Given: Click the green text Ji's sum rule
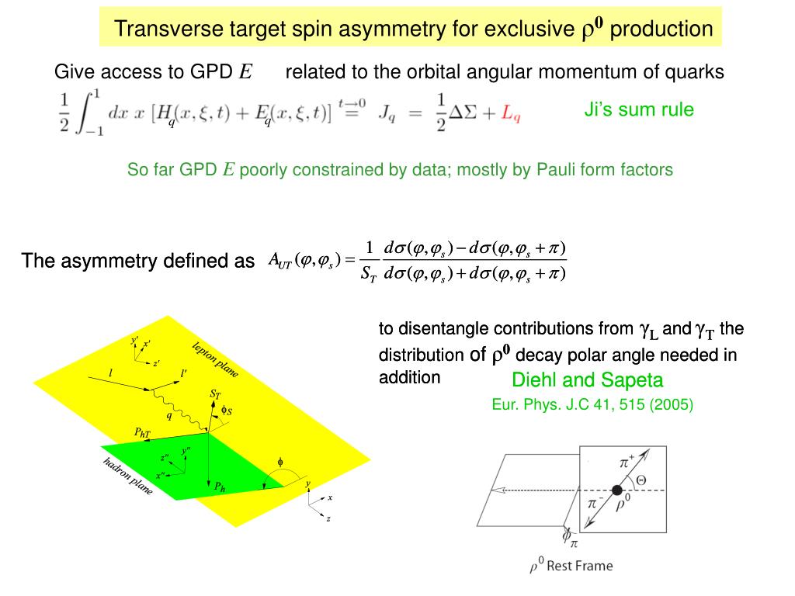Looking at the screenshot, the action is pos(639,110).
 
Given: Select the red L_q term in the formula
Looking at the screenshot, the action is pos(511,114).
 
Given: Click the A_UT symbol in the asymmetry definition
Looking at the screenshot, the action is pos(279,261).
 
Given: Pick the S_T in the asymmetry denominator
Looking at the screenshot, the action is pos(368,273).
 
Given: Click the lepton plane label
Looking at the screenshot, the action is pos(215,360).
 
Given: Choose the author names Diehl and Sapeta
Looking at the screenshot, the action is pos(588,380).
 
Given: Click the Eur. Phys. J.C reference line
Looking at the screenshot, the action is pos(592,404).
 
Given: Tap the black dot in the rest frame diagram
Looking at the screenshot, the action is pos(617,490).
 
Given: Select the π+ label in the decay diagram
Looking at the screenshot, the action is pos(627,462).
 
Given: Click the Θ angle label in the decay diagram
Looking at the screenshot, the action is pos(641,480).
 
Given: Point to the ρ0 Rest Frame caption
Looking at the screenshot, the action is pos(571,566).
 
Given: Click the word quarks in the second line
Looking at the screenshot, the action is pos(694,73).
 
